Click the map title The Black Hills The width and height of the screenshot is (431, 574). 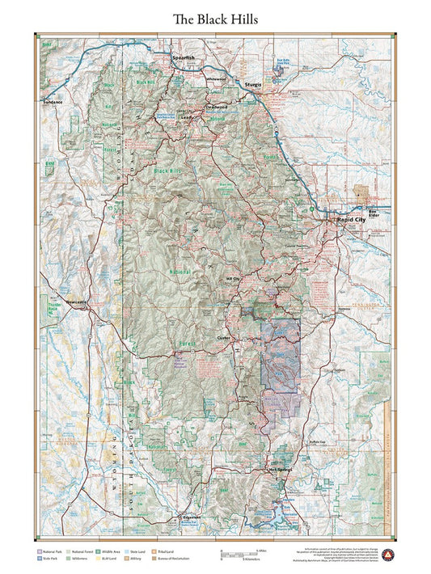point(215,19)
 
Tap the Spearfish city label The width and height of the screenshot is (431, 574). point(184,58)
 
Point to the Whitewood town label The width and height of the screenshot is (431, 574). point(218,79)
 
